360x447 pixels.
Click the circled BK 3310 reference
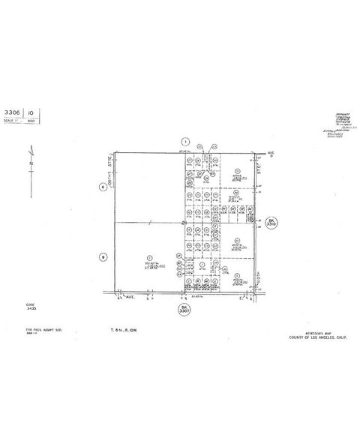click(x=271, y=222)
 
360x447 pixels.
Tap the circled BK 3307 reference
click(x=184, y=309)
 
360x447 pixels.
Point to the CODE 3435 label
click(x=30, y=306)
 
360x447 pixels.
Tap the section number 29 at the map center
click(x=184, y=223)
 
